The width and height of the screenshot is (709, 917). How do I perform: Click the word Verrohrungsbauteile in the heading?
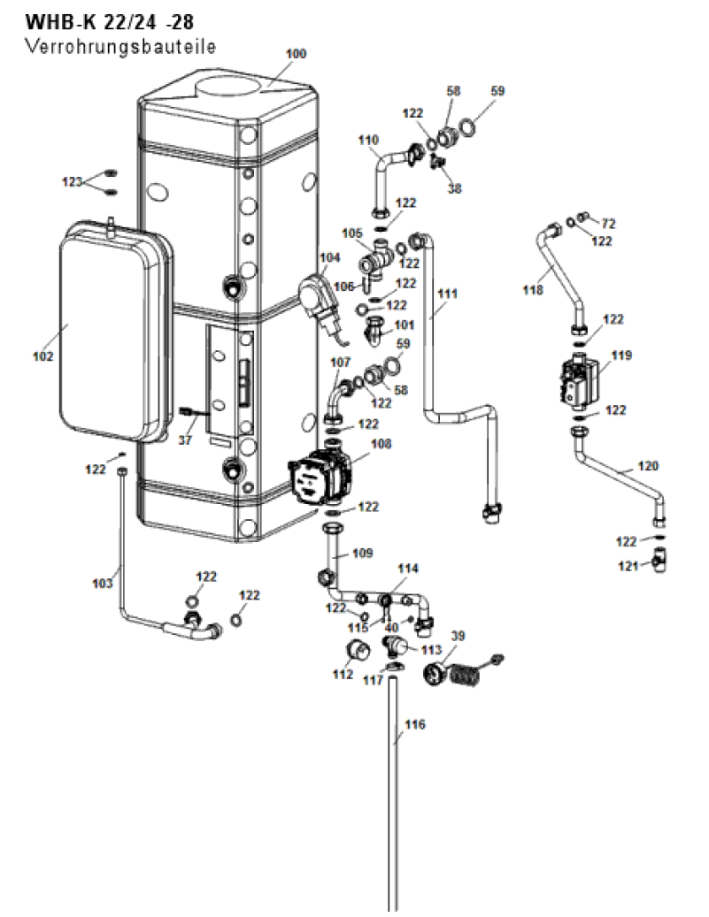pos(120,46)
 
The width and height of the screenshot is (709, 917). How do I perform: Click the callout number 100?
pos(296,54)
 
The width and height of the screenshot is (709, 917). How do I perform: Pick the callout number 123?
pos(73,182)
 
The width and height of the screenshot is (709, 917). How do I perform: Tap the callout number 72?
pos(609,223)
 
